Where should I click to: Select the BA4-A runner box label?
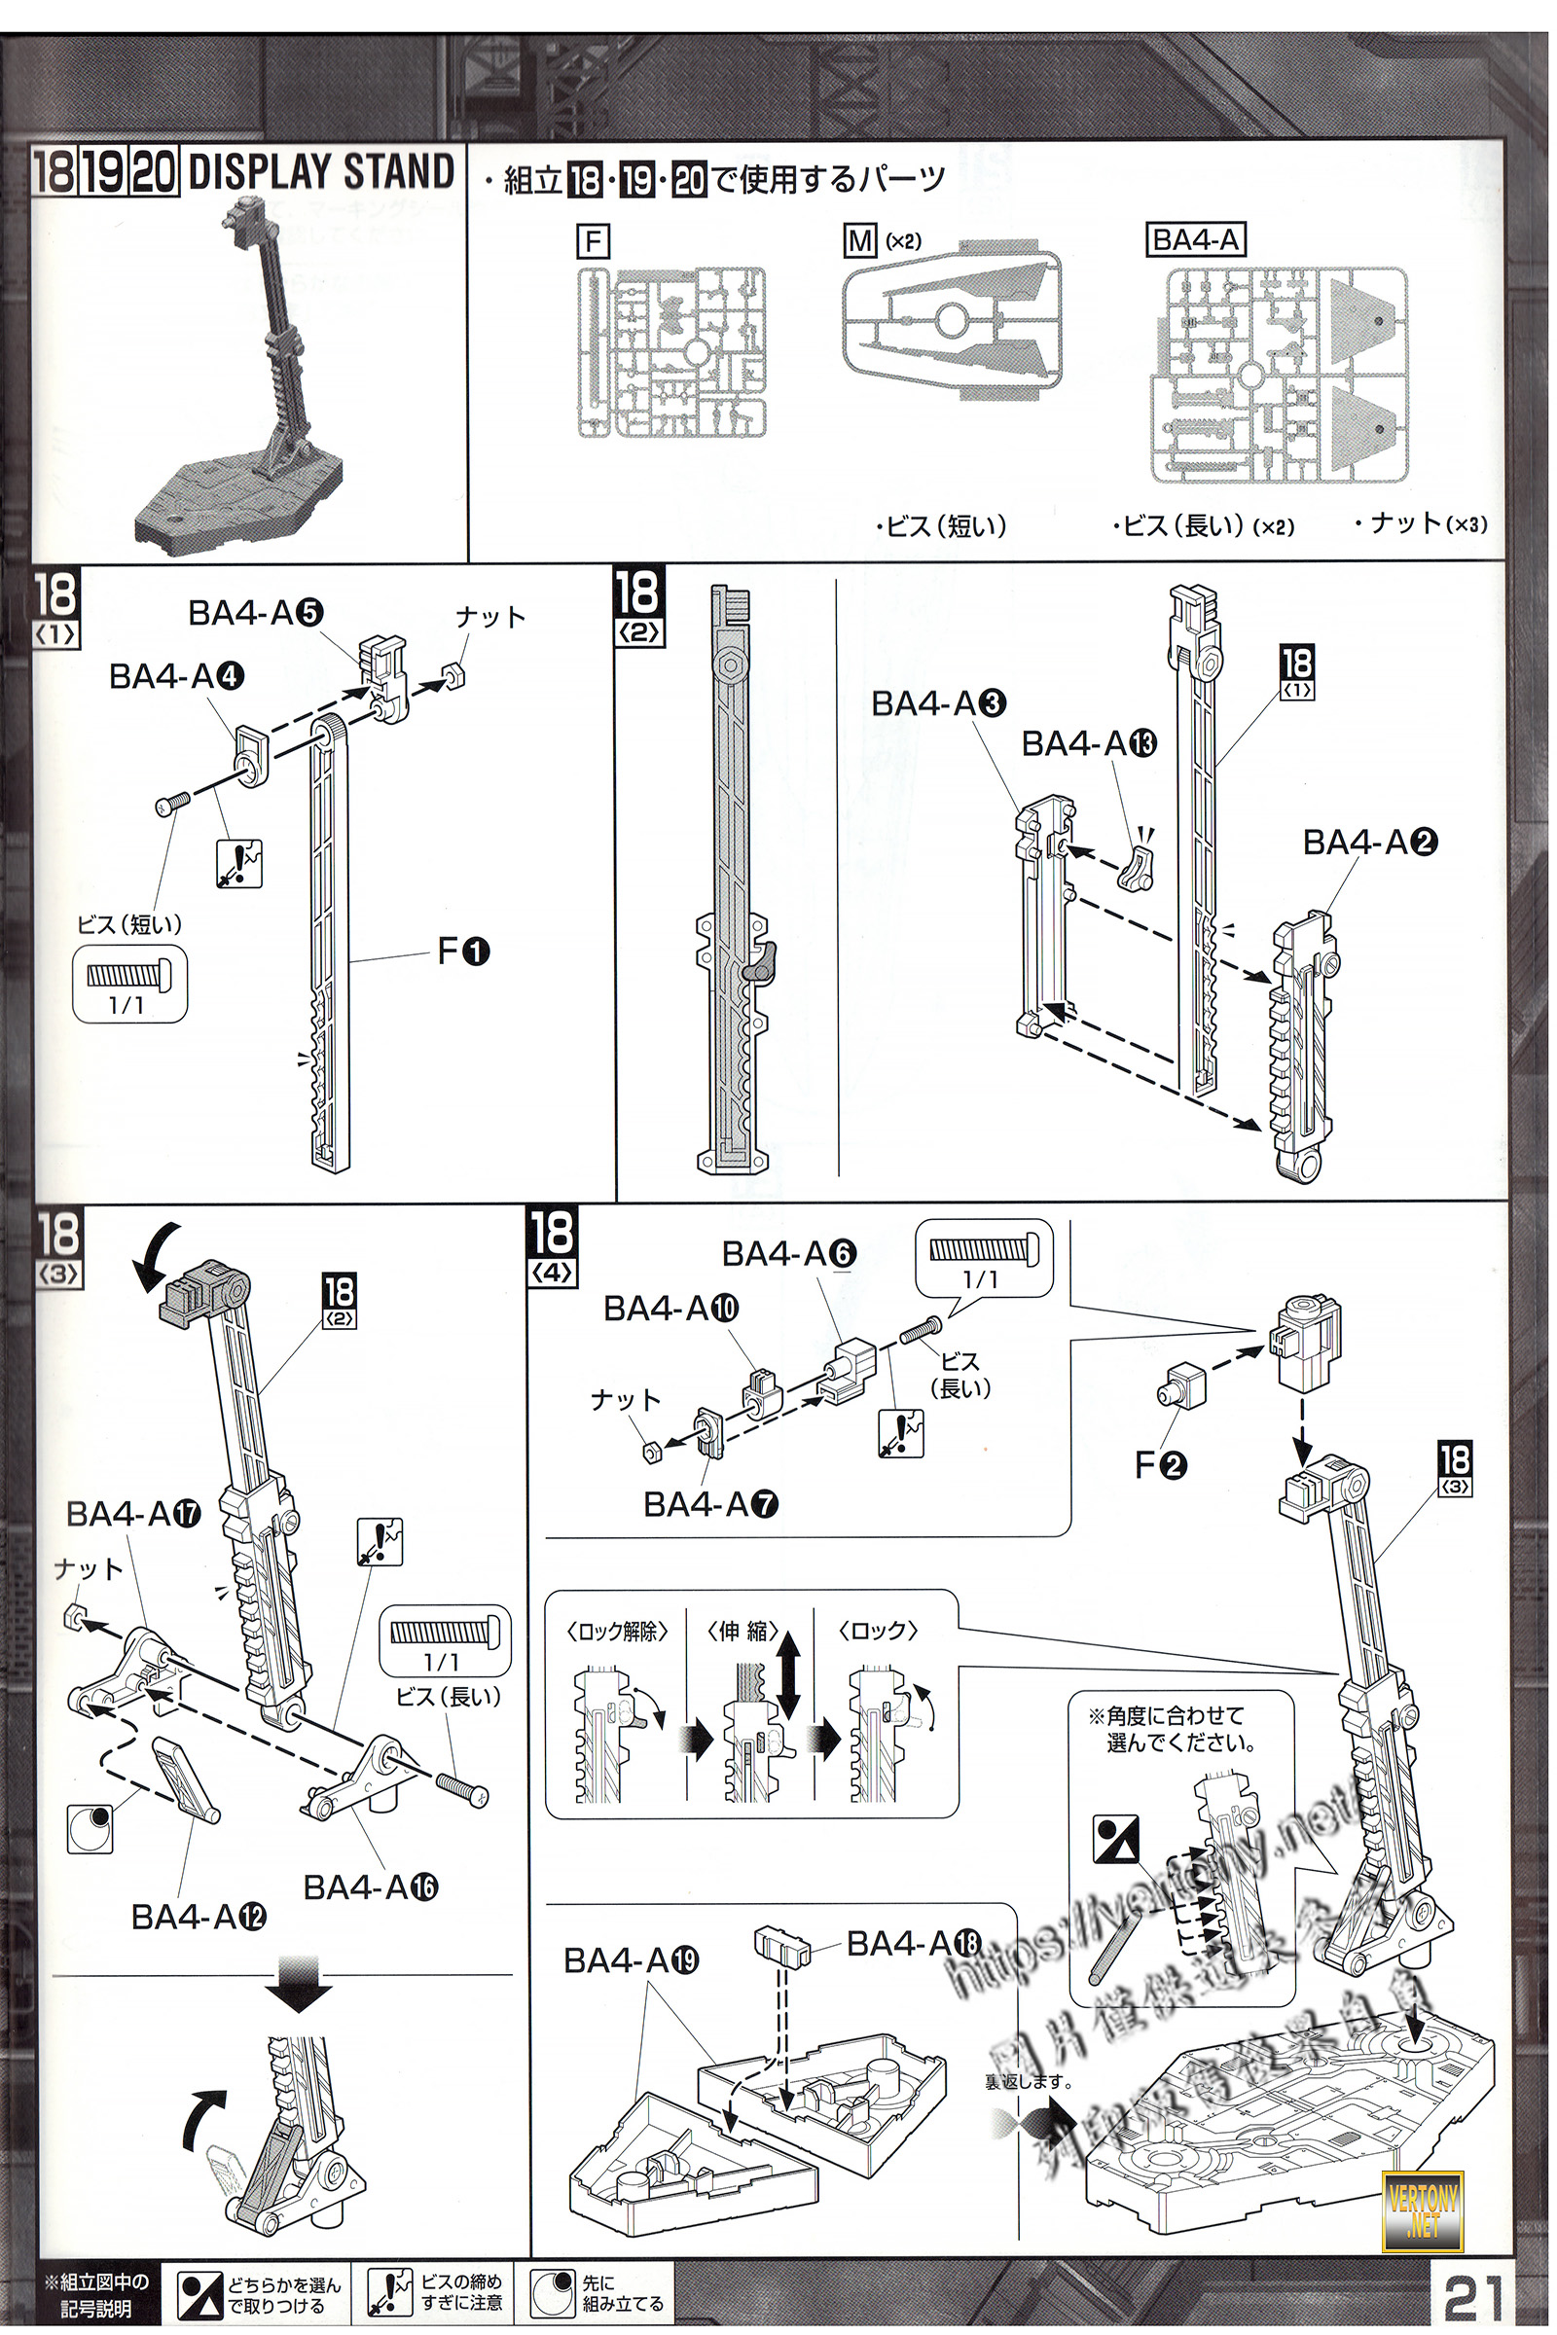pos(1195,240)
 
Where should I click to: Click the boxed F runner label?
pos(593,242)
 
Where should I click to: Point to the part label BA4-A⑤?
pos(255,614)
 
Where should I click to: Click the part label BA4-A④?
pos(176,677)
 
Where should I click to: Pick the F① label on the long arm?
pos(464,952)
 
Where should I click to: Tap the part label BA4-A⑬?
pos(1088,743)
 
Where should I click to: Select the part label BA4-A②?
pos(1369,843)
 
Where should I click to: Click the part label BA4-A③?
pos(938,703)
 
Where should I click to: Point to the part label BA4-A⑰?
pos(133,1514)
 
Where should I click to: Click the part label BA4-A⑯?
pos(371,1887)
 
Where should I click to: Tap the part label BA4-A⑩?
pos(670,1309)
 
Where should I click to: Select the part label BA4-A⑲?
pos(631,1960)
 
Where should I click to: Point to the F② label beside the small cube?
pos(1160,1464)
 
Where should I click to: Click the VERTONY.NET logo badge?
pos(1422,2206)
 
